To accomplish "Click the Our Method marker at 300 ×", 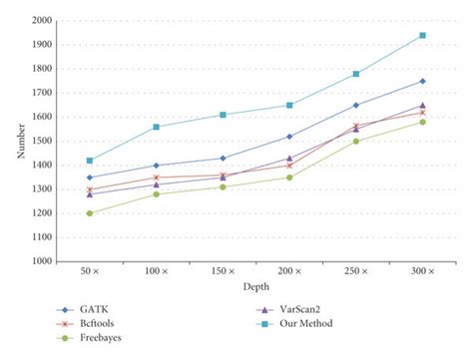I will click(x=422, y=35).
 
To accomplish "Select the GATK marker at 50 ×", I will click(x=89, y=178).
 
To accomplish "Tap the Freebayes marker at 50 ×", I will click(x=89, y=213).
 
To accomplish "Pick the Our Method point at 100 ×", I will click(x=156, y=127).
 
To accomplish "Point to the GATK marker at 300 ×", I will click(x=422, y=81).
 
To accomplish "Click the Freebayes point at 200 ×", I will click(x=289, y=178).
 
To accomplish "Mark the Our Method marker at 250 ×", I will click(x=356, y=74).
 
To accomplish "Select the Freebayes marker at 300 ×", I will click(x=422, y=122).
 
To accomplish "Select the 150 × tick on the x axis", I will click(x=223, y=272).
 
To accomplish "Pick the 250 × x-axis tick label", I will click(x=356, y=272).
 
